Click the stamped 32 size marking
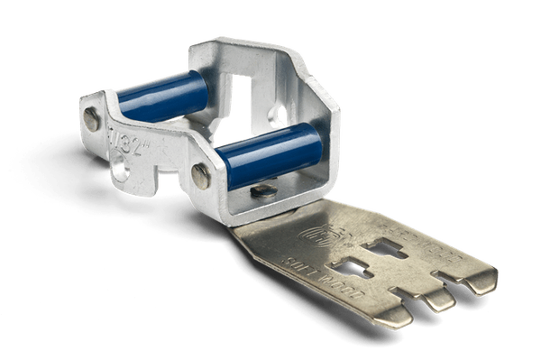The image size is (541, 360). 121,140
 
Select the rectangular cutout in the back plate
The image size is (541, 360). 246,97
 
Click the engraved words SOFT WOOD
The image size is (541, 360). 312,270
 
